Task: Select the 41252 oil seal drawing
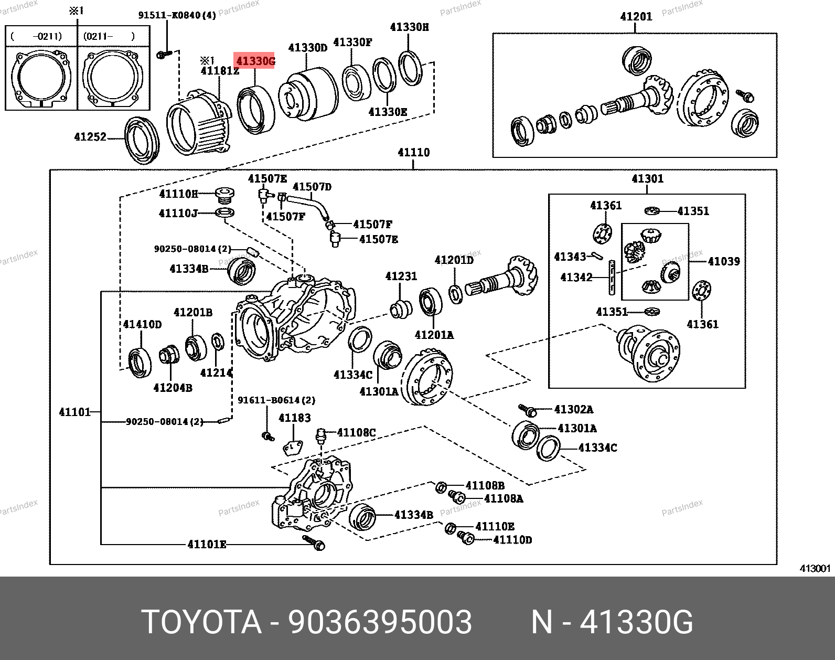(142, 140)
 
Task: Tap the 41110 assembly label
(413, 153)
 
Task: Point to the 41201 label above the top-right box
(636, 17)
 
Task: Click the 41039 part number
(723, 261)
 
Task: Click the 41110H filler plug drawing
(224, 195)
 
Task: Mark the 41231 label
(401, 276)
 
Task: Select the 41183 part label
(294, 418)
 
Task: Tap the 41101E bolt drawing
(314, 542)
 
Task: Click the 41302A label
(573, 409)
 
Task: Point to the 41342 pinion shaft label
(576, 278)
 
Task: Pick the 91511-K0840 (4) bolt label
(177, 15)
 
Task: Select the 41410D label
(142, 324)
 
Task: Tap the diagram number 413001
(815, 569)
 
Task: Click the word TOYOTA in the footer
(201, 622)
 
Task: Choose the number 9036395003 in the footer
(380, 622)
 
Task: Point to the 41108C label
(356, 433)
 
